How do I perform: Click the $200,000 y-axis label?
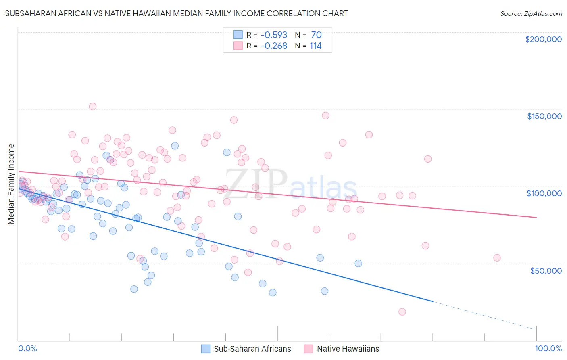[x=543, y=39]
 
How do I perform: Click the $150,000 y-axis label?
[x=544, y=116]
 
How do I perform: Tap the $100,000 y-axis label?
[x=544, y=193]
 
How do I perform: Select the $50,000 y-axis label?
[x=546, y=271]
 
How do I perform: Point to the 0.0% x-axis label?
[x=27, y=349]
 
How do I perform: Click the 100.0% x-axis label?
[x=548, y=349]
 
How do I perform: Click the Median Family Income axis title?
[x=11, y=184]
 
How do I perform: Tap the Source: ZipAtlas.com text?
[x=531, y=13]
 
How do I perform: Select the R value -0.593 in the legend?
[x=274, y=35]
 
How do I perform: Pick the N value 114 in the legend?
[x=315, y=46]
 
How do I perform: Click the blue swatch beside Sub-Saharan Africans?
[x=206, y=349]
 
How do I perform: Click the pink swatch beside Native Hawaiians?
[x=309, y=349]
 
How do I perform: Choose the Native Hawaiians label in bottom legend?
[x=348, y=349]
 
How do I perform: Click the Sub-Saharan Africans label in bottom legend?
[x=252, y=349]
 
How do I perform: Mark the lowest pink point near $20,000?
[x=402, y=312]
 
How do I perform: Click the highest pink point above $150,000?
[x=92, y=107]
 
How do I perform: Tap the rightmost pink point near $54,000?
[x=497, y=258]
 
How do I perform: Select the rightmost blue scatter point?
[x=358, y=264]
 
